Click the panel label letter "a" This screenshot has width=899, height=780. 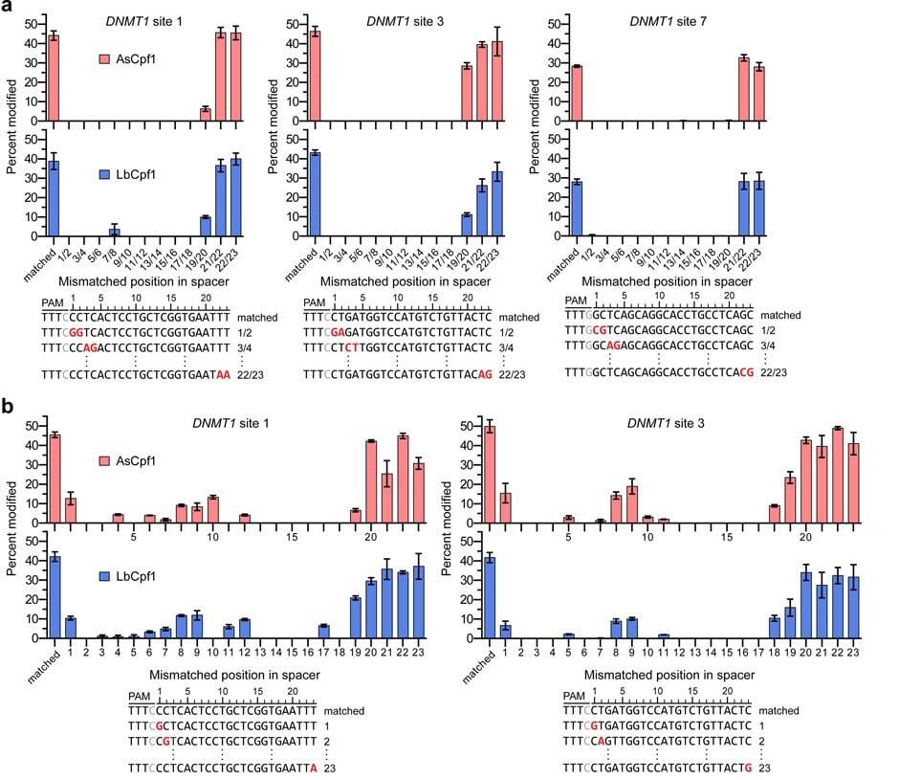(9, 9)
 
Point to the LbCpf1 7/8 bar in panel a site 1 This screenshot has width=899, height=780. (115, 231)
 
